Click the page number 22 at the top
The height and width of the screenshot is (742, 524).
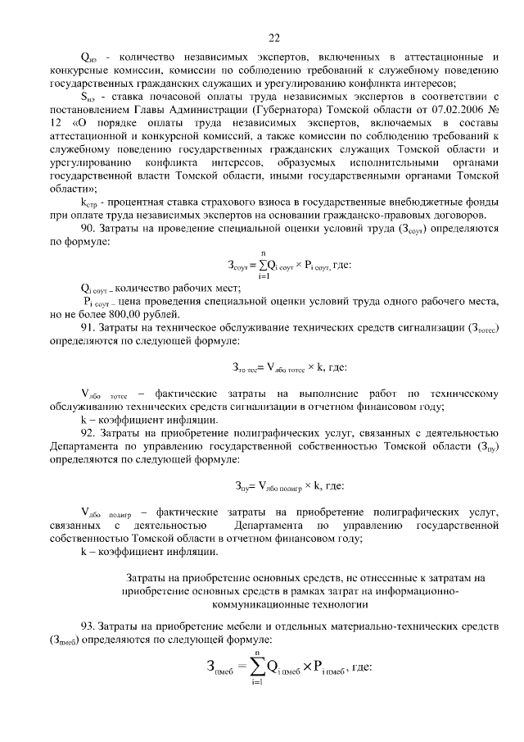pyautogui.click(x=273, y=37)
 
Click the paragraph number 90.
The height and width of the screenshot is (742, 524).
pyautogui.click(x=88, y=230)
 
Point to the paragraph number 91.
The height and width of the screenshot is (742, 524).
pyautogui.click(x=88, y=330)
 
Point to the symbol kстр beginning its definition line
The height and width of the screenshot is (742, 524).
pyautogui.click(x=88, y=204)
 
